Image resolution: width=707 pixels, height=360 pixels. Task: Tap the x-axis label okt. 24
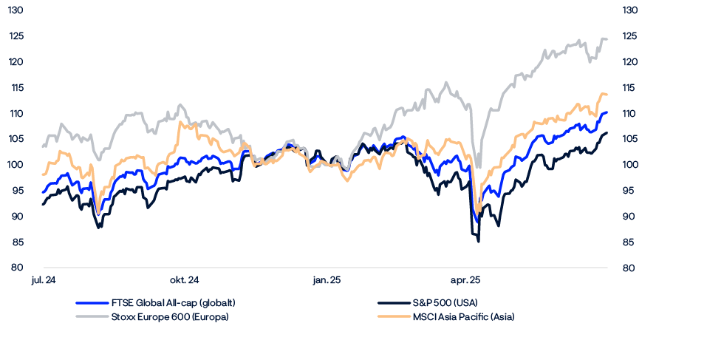(x=184, y=280)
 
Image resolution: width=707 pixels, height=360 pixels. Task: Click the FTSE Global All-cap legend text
(x=173, y=303)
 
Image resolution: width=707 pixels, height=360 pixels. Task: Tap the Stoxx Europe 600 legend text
(x=169, y=317)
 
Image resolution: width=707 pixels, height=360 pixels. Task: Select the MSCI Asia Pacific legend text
(x=462, y=317)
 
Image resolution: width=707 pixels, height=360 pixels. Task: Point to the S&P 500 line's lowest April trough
(x=479, y=241)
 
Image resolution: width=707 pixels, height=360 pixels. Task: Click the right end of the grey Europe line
(x=607, y=39)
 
